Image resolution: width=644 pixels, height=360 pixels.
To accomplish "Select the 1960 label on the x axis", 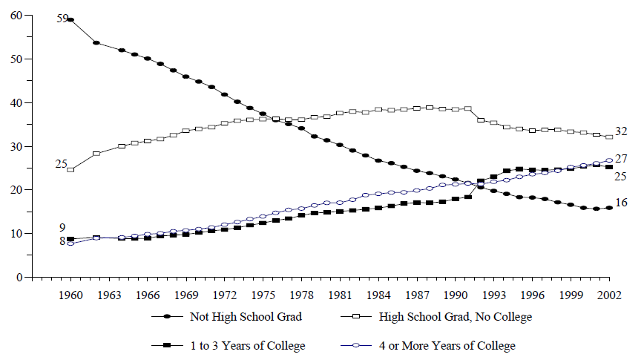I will point(70,294).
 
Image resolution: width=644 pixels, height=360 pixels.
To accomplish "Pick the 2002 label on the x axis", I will point(609,294).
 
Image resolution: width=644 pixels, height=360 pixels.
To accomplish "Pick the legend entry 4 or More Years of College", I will point(446,345).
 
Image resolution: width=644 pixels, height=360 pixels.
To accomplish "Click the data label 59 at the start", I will point(62,18).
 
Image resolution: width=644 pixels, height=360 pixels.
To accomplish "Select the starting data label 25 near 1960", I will point(62,163).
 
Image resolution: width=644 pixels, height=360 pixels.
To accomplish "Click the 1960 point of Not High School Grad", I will point(70,20).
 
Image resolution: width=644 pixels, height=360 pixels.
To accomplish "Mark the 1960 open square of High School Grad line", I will point(70,169).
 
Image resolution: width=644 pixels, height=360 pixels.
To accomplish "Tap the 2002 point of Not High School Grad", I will point(609,208).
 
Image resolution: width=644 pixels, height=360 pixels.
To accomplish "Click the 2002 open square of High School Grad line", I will point(609,137).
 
